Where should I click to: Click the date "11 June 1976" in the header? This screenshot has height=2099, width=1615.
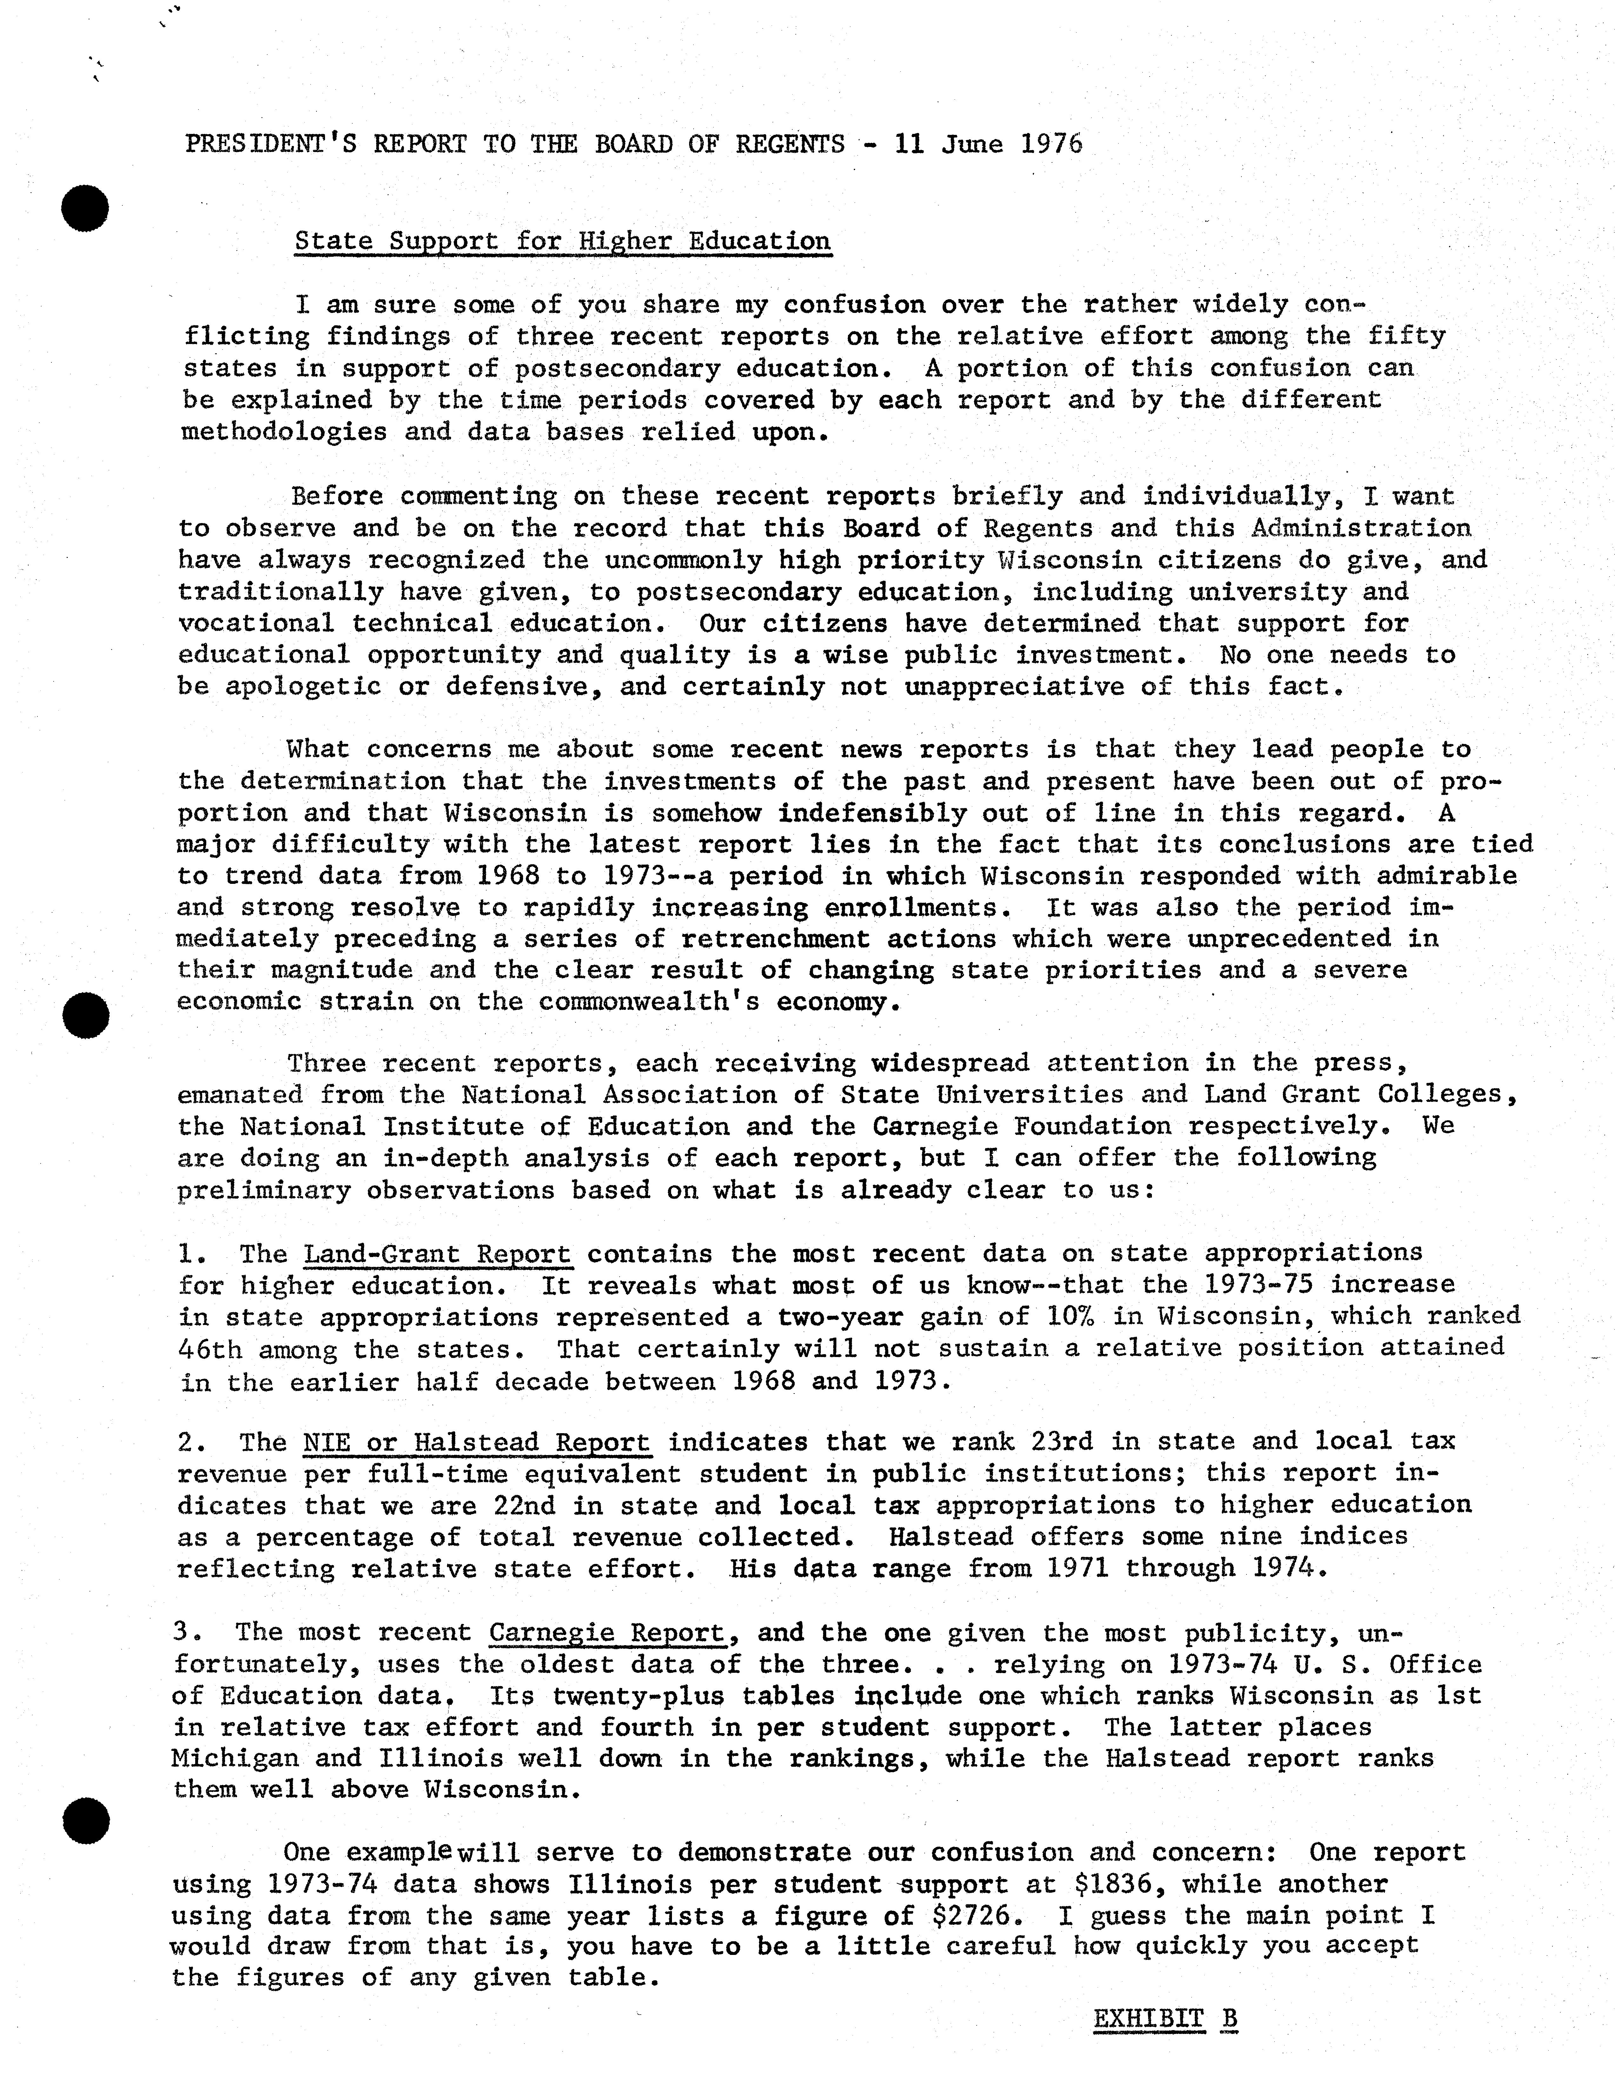coord(988,144)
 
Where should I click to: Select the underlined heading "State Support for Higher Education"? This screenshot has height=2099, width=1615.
coord(562,241)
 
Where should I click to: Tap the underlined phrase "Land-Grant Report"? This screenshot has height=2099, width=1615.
coord(437,1254)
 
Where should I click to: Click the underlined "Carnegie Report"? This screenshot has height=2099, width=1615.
coord(607,1633)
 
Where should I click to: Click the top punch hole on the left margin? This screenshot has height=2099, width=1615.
coord(85,207)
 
